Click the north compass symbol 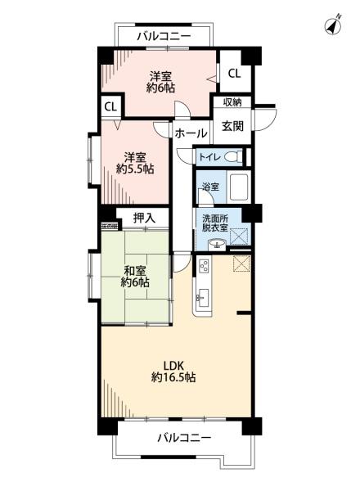coord(333,25)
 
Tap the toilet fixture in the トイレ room coord(233,155)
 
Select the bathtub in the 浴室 coord(239,187)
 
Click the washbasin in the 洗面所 coord(216,243)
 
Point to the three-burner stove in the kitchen coord(204,266)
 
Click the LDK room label coord(173,371)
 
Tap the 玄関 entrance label coord(232,126)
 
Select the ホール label coord(191,133)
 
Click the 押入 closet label coord(144,218)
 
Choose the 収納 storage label coord(232,101)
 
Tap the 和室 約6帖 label coord(135,276)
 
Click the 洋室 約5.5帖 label coord(135,163)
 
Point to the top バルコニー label coord(164,36)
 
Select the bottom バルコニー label coord(184,438)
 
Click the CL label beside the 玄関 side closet coord(234,74)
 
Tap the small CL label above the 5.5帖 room coord(110,107)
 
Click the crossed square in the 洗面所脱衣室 coord(239,236)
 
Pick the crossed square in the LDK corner coord(241,264)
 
